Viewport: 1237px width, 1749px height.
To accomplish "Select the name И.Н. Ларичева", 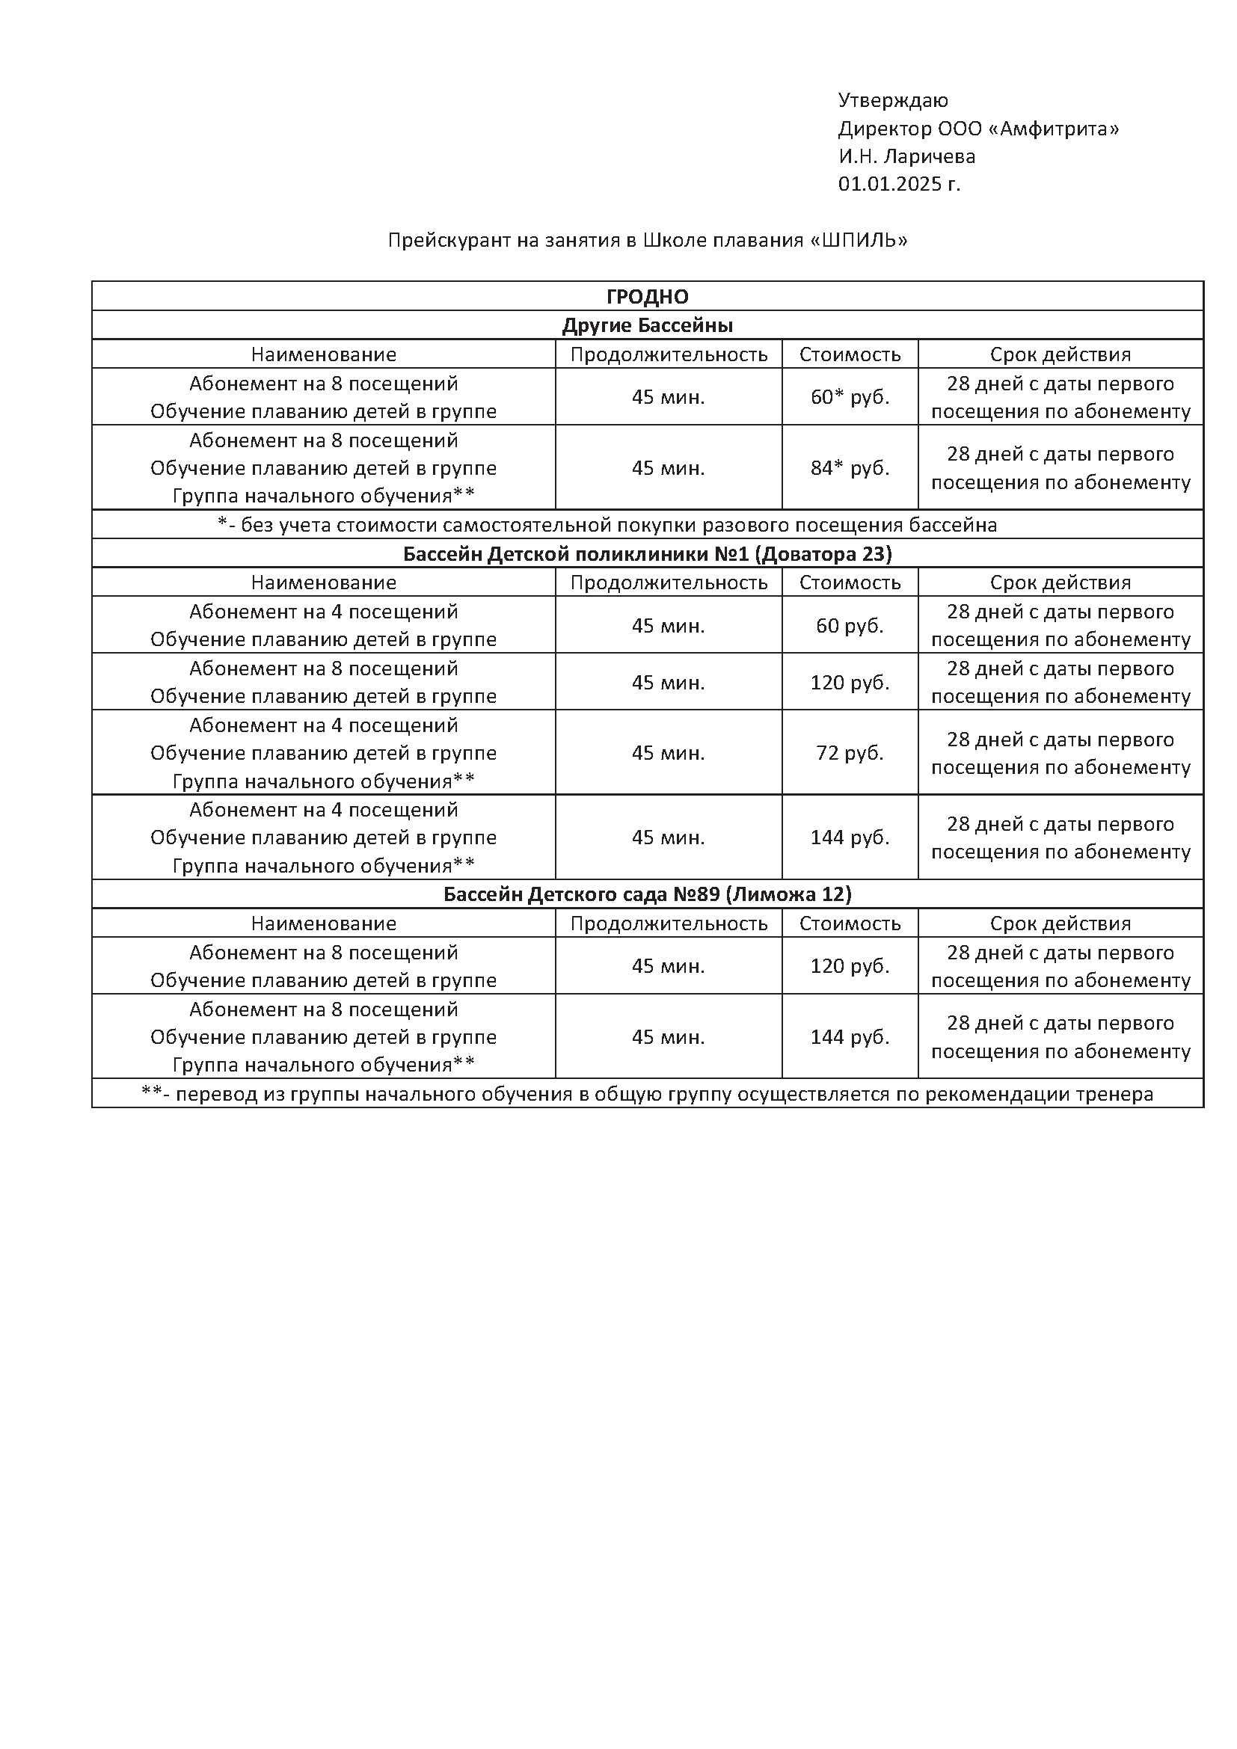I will pyautogui.click(x=906, y=156).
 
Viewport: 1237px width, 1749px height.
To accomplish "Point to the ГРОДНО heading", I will pyautogui.click(x=648, y=296).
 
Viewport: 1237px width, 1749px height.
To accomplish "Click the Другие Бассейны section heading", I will pyautogui.click(x=648, y=325).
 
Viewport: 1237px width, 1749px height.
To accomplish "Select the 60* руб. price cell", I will pyautogui.click(x=850, y=397).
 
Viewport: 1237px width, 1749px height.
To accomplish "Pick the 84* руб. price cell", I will pyautogui.click(x=850, y=467).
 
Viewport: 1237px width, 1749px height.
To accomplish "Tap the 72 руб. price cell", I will pyautogui.click(x=850, y=753).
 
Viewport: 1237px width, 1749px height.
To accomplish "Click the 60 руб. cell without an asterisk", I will pyautogui.click(x=850, y=625).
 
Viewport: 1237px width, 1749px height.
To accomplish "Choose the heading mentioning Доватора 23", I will pyautogui.click(x=648, y=554).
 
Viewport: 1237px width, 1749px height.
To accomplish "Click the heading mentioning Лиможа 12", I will pyautogui.click(x=648, y=894).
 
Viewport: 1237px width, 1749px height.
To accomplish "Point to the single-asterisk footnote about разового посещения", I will pyautogui.click(x=607, y=525).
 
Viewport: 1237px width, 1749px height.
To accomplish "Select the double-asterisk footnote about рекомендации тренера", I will pyautogui.click(x=648, y=1094).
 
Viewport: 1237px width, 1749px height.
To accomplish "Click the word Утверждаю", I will pyautogui.click(x=893, y=100).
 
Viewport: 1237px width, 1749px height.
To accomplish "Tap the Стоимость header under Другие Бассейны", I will pyautogui.click(x=850, y=354).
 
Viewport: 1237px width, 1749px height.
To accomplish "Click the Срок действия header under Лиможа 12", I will pyautogui.click(x=1060, y=923).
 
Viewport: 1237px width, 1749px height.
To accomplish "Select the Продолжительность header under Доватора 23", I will pyautogui.click(x=669, y=583).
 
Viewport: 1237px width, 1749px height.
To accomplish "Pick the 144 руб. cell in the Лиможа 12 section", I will pyautogui.click(x=850, y=1036).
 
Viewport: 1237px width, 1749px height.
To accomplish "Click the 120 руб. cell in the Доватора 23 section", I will pyautogui.click(x=850, y=682).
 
